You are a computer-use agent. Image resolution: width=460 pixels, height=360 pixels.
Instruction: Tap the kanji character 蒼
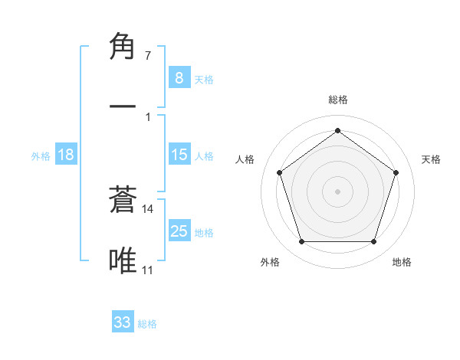(x=123, y=201)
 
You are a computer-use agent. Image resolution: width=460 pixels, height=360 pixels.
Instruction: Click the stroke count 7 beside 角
(x=148, y=56)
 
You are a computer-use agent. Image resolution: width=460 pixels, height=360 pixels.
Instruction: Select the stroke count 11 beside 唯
(x=148, y=270)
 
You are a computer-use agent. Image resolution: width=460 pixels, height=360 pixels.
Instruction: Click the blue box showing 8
(x=179, y=77)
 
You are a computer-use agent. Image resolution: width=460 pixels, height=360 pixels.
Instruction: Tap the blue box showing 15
(x=179, y=155)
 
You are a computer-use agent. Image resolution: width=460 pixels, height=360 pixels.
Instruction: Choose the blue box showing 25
(x=179, y=231)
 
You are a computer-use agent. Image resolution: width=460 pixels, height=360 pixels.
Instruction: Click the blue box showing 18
(x=66, y=155)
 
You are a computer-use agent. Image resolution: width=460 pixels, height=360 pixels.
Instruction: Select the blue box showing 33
(x=123, y=322)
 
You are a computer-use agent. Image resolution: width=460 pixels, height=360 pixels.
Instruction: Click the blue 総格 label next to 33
(x=147, y=324)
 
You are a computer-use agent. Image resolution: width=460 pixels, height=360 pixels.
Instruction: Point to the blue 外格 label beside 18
(x=41, y=156)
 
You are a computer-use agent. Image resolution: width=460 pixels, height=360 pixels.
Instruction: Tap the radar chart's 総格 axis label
(x=338, y=100)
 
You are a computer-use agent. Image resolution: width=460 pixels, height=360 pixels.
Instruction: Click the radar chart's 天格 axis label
(x=432, y=159)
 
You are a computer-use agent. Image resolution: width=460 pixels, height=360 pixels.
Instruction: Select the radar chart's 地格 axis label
(x=402, y=262)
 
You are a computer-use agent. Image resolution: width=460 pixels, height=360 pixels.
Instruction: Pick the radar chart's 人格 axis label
(x=245, y=159)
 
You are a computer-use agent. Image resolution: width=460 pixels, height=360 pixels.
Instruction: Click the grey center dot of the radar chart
(x=338, y=191)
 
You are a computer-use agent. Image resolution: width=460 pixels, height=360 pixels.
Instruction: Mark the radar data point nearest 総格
(x=338, y=131)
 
